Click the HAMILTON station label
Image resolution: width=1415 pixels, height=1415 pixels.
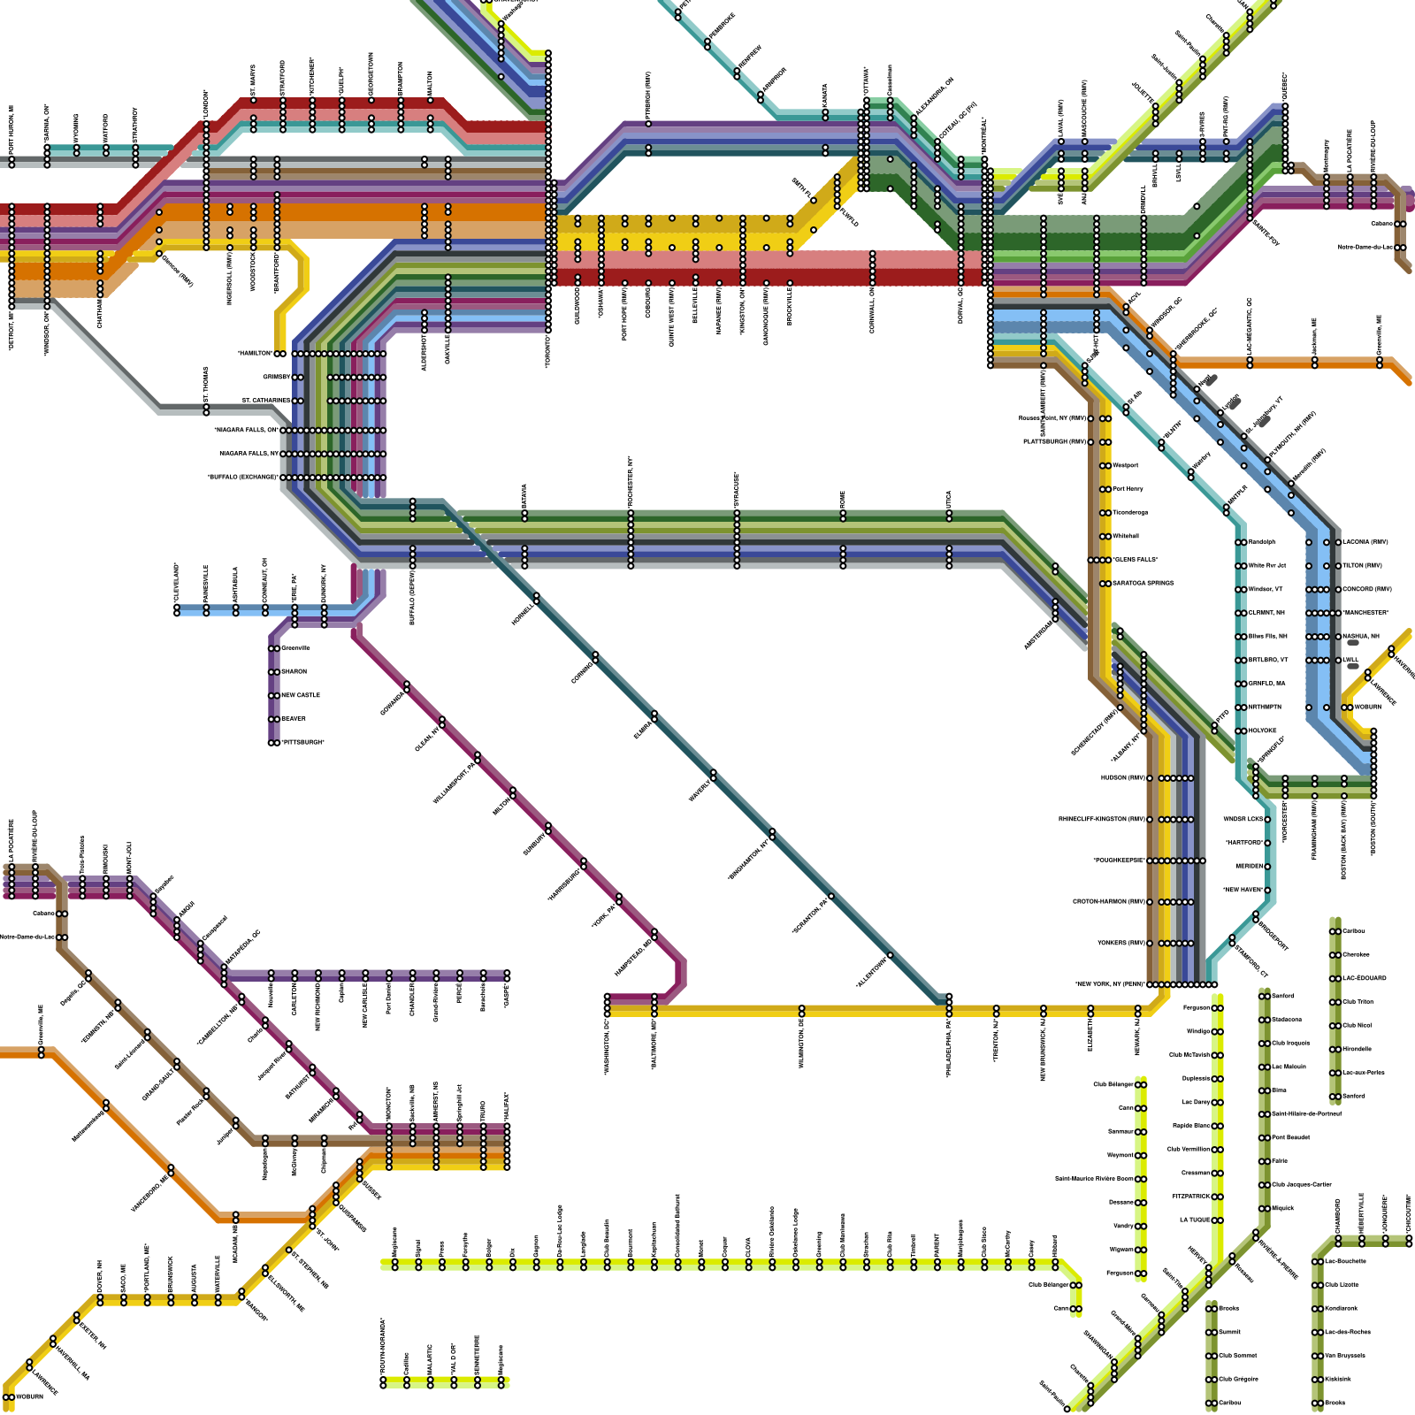pos(255,354)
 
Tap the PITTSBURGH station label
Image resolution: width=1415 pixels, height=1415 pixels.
pos(302,743)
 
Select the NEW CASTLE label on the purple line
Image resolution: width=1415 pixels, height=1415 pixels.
pos(301,695)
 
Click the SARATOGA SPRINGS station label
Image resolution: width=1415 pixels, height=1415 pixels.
pos(1143,584)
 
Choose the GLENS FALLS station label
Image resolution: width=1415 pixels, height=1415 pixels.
pos(1136,560)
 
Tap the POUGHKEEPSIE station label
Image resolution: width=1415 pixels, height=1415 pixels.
pos(1119,860)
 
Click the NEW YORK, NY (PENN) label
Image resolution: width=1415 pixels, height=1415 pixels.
pos(1110,984)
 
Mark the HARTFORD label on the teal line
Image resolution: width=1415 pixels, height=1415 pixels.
pos(1243,843)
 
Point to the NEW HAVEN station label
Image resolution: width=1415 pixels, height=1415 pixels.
pos(1243,890)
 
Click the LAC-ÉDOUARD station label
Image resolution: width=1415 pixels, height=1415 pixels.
pos(1365,978)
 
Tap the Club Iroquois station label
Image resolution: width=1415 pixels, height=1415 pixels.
pos(1290,1044)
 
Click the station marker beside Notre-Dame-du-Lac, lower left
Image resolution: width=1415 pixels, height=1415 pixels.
pos(63,937)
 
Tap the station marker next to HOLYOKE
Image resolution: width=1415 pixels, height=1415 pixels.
pos(1242,731)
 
